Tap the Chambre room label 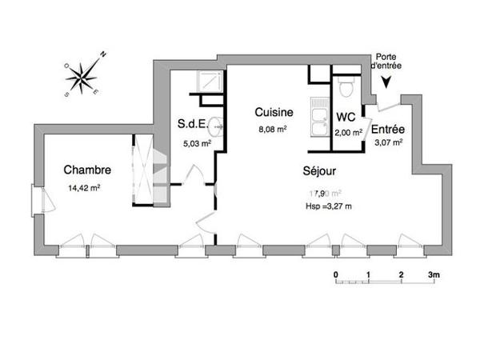click(87, 170)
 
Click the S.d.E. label click(194, 124)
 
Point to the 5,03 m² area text click(196, 145)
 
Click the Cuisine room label click(274, 112)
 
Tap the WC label click(346, 118)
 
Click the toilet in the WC click(345, 84)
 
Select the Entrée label click(388, 129)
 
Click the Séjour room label click(319, 170)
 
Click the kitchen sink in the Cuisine click(320, 117)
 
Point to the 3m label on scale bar click(434, 274)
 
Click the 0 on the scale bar click(335, 274)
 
